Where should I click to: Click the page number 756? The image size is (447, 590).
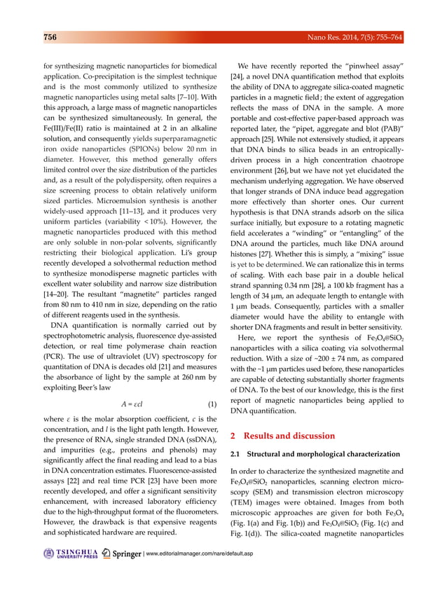pyautogui.click(x=46, y=36)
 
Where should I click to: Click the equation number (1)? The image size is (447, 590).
pyautogui.click(x=212, y=404)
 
